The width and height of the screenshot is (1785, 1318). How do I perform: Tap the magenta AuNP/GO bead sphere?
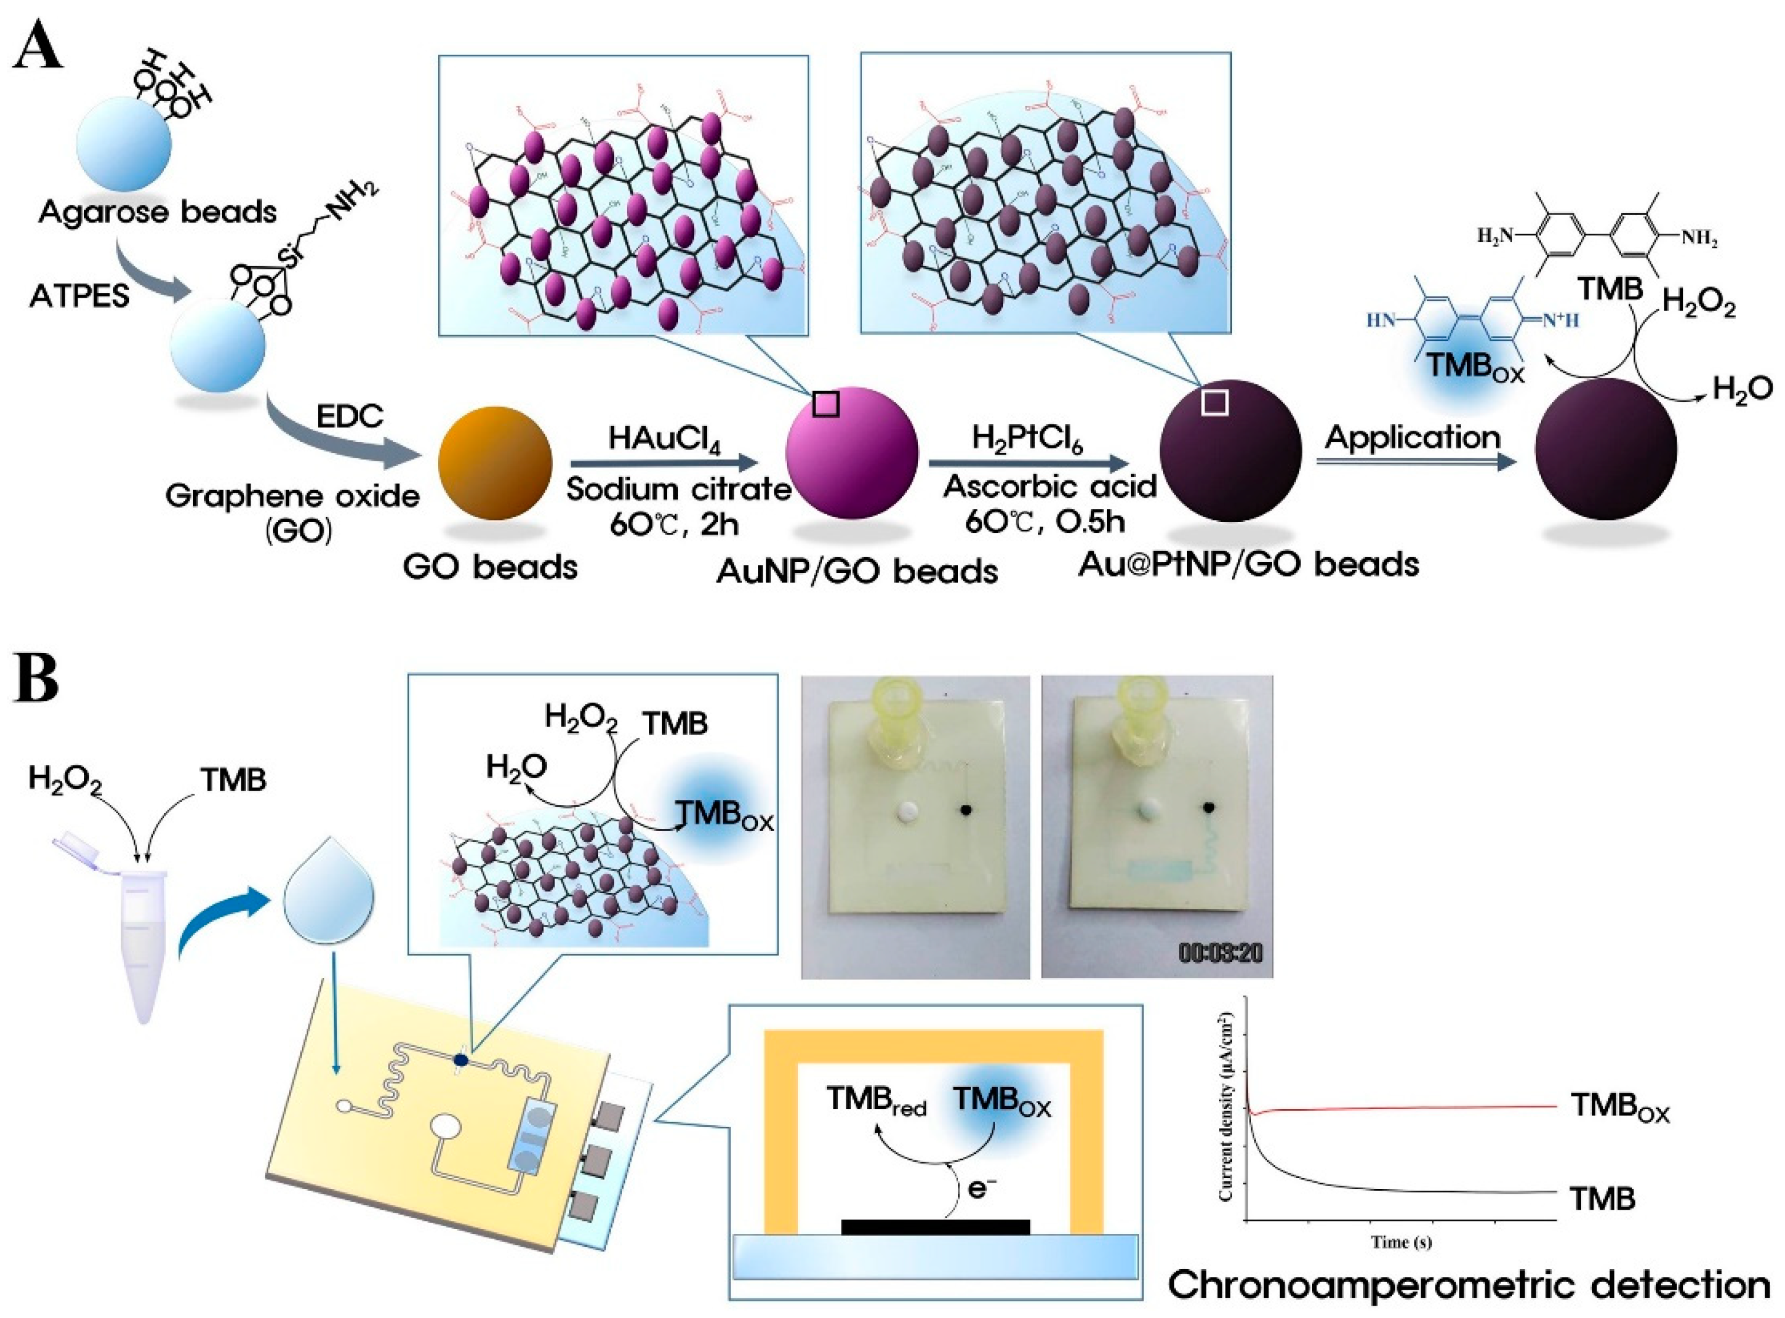click(x=852, y=453)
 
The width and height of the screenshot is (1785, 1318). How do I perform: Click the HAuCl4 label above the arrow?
click(x=664, y=439)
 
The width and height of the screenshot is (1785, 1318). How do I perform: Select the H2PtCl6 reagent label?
click(x=1027, y=439)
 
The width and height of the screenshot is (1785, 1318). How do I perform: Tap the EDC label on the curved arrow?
click(x=350, y=415)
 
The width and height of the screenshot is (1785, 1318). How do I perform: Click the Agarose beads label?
click(x=157, y=212)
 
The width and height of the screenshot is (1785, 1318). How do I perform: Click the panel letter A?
click(x=38, y=49)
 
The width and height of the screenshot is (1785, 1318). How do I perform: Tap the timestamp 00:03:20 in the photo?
click(x=1220, y=953)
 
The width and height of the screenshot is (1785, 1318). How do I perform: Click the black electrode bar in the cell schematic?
click(x=935, y=1226)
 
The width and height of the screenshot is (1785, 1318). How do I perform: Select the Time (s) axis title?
click(x=1400, y=1242)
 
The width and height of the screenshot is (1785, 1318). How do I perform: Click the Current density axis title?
click(x=1227, y=1107)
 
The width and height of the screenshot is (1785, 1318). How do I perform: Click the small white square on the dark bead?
click(x=1215, y=403)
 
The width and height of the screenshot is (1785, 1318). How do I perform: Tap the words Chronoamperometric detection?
click(x=1468, y=1285)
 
